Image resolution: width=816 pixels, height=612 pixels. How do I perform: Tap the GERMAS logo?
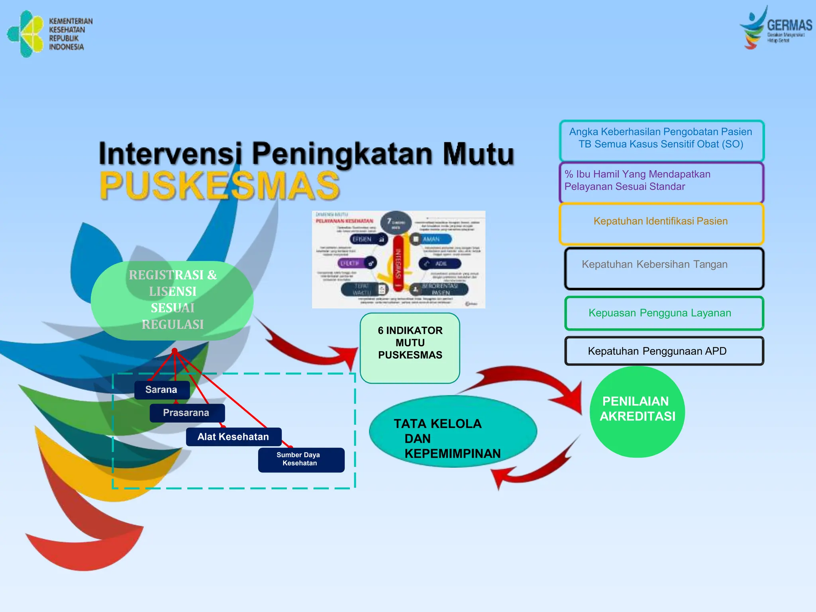pos(775,28)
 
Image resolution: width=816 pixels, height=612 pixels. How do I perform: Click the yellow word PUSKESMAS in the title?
pos(219,186)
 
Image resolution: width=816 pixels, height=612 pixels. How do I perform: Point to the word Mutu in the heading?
pos(478,154)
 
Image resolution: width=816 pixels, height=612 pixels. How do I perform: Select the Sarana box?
pos(161,390)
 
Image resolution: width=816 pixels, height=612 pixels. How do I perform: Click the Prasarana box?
pos(186,413)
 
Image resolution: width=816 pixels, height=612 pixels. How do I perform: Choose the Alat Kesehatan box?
pos(233,437)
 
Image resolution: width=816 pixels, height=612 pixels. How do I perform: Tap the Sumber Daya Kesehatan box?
pos(301,459)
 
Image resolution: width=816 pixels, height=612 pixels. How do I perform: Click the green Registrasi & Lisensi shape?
pos(172,300)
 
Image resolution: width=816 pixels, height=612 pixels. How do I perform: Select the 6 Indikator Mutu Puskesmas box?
pos(410,347)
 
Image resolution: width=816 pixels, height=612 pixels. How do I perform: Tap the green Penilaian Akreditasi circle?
pos(637,412)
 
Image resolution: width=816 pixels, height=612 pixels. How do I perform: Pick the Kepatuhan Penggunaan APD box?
pos(663,351)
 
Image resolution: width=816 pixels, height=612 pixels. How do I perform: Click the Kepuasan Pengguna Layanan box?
pos(663,313)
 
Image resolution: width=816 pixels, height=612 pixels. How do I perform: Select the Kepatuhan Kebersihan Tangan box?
pos(663,268)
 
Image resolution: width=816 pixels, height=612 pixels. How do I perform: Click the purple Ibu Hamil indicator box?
pos(661,181)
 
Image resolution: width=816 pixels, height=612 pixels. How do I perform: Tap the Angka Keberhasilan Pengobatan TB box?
pos(661,139)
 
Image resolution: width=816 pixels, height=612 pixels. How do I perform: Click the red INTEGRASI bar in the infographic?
pos(398,263)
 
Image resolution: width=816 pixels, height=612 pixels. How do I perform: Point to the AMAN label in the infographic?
pos(431,239)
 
